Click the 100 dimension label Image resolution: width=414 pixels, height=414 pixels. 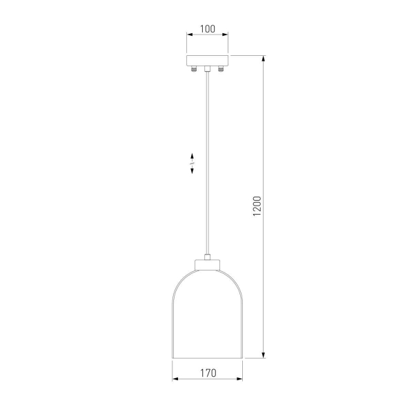tap(208, 29)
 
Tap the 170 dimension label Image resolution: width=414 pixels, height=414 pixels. tap(208, 373)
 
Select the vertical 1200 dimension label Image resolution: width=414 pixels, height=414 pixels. tap(257, 206)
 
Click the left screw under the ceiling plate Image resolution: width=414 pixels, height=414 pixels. tap(194, 69)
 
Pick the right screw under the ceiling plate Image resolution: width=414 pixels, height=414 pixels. tap(221, 69)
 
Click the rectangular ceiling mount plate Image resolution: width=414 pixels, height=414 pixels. tap(207, 61)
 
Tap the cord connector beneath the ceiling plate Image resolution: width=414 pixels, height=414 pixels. tap(207, 68)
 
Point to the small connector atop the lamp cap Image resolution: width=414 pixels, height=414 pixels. tap(207, 257)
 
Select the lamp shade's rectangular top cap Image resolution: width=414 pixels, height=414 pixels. tap(207, 265)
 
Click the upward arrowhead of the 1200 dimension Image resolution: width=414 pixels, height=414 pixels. tap(264, 59)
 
